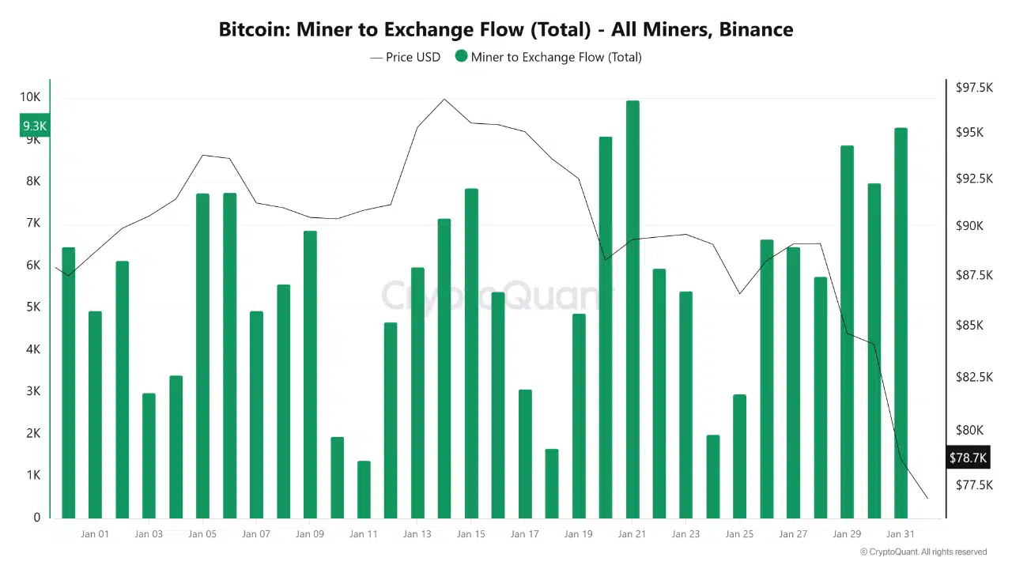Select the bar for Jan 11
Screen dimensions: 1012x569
click(x=364, y=490)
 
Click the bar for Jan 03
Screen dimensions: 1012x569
click(x=149, y=455)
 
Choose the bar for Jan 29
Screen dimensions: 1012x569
click(x=847, y=332)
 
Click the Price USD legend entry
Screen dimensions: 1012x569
click(x=405, y=57)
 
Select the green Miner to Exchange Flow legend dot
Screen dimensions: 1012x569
click(x=462, y=56)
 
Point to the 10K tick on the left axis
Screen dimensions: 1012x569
click(x=30, y=97)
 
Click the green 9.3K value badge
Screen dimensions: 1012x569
click(x=34, y=126)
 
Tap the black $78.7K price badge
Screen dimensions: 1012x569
click(x=967, y=458)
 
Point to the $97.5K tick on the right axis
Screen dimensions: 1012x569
click(x=974, y=87)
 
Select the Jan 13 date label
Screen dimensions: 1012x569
click(x=417, y=534)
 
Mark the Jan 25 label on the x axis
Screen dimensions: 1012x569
click(x=739, y=534)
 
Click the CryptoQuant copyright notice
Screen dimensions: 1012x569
click(x=923, y=552)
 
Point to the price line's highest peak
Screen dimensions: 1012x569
click(x=444, y=100)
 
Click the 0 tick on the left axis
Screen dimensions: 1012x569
click(x=36, y=518)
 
